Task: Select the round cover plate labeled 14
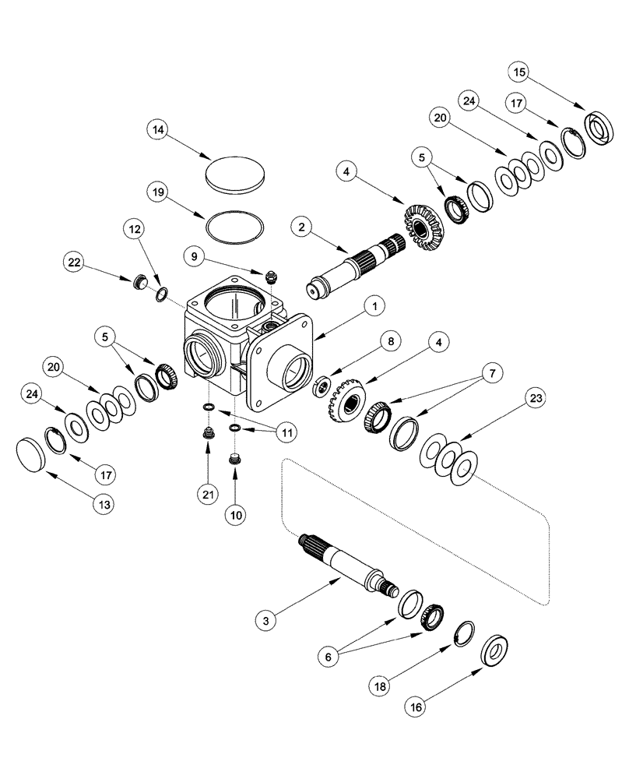(236, 172)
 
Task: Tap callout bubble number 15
(520, 73)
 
